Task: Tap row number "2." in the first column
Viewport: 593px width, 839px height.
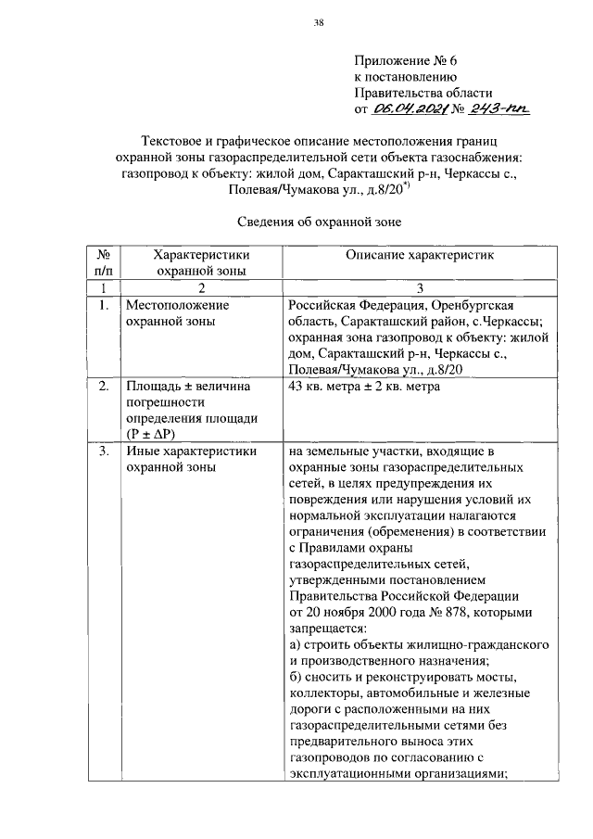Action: point(104,387)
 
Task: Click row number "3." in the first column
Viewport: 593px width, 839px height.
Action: point(104,452)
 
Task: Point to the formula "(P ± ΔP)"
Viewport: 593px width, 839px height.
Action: point(154,434)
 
